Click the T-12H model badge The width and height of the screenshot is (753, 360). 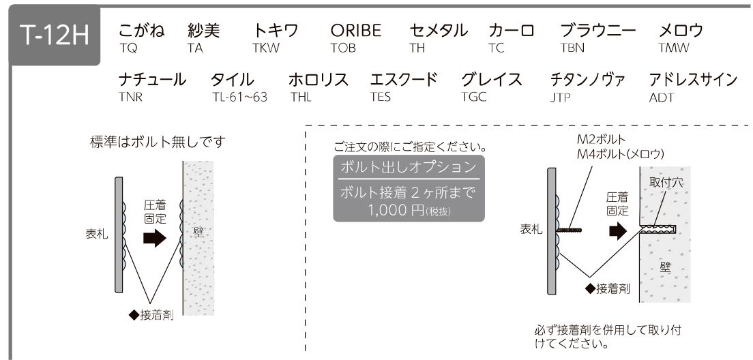click(55, 35)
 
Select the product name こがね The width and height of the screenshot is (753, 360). click(141, 30)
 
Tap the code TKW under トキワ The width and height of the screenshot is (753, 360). click(265, 48)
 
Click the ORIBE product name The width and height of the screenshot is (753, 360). click(355, 30)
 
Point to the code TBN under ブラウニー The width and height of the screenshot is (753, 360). click(572, 48)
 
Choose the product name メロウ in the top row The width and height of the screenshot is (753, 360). click(681, 30)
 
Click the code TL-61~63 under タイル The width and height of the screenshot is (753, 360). click(239, 97)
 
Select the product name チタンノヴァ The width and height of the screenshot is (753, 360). click(587, 79)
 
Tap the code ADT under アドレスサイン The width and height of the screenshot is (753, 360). click(662, 97)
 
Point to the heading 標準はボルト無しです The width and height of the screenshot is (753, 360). click(158, 142)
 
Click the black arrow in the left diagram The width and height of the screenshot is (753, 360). click(155, 238)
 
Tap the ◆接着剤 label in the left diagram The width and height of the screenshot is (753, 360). click(151, 315)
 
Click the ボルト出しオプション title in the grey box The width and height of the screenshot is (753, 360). click(409, 167)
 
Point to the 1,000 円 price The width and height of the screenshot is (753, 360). click(396, 210)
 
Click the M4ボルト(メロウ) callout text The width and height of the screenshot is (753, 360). click(621, 153)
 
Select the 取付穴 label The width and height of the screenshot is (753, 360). click(666, 183)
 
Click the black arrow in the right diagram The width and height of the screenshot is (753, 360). click(618, 231)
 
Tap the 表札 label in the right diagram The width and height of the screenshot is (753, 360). click(531, 230)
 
